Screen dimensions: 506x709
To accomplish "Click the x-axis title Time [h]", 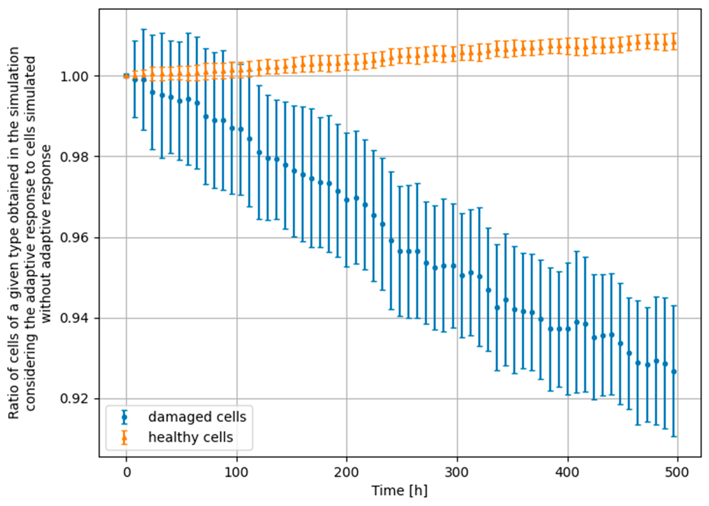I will [x=400, y=491].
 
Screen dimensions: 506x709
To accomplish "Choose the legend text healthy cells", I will [x=191, y=437].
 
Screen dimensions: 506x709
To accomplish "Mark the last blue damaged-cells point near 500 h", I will [x=674, y=371].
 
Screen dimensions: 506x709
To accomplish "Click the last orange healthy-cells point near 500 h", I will [x=674, y=42].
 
